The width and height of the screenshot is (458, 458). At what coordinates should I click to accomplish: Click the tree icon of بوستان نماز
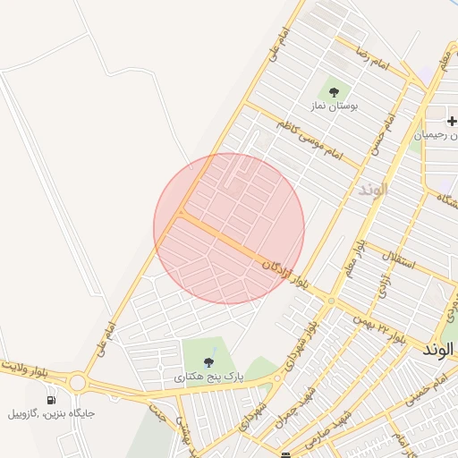334,91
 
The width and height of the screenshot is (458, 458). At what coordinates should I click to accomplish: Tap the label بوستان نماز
334,106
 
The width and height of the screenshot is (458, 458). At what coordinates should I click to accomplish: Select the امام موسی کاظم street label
310,139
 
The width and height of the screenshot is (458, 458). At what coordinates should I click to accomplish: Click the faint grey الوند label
374,190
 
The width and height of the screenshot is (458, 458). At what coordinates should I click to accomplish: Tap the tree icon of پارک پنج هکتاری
208,362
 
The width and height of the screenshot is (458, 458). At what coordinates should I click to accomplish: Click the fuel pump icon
51,400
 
